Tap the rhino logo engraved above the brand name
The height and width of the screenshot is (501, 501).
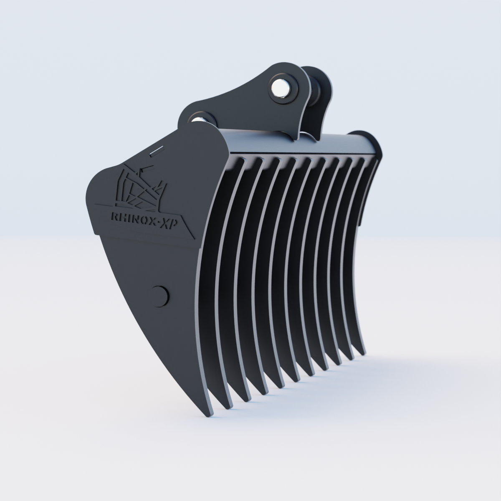tap(140, 188)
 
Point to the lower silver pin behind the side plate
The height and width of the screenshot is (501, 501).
tap(200, 120)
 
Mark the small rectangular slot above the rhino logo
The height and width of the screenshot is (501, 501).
tap(157, 151)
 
